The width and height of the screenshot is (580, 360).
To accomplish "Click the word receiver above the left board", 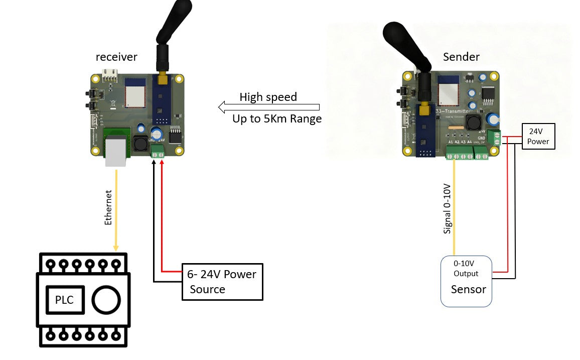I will click(x=116, y=57).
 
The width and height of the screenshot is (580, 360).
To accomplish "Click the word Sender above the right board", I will click(x=461, y=57).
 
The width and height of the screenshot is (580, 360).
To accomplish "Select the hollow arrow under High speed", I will click(x=269, y=107).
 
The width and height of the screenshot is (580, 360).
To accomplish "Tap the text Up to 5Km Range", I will click(x=277, y=119).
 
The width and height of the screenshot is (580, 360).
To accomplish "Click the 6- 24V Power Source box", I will click(x=222, y=282).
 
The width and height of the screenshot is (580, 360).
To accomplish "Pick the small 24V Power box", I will click(x=538, y=137).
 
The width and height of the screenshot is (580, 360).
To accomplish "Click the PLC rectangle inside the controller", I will click(x=64, y=300).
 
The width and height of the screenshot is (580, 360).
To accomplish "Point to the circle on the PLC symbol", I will click(x=106, y=300).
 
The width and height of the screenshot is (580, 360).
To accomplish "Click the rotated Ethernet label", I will click(x=109, y=206).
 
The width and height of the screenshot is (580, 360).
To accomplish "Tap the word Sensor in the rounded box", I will click(x=468, y=289).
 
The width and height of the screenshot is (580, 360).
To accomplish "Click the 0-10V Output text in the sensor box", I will click(x=466, y=269).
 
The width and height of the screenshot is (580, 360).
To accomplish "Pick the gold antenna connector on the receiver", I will click(x=162, y=78).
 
